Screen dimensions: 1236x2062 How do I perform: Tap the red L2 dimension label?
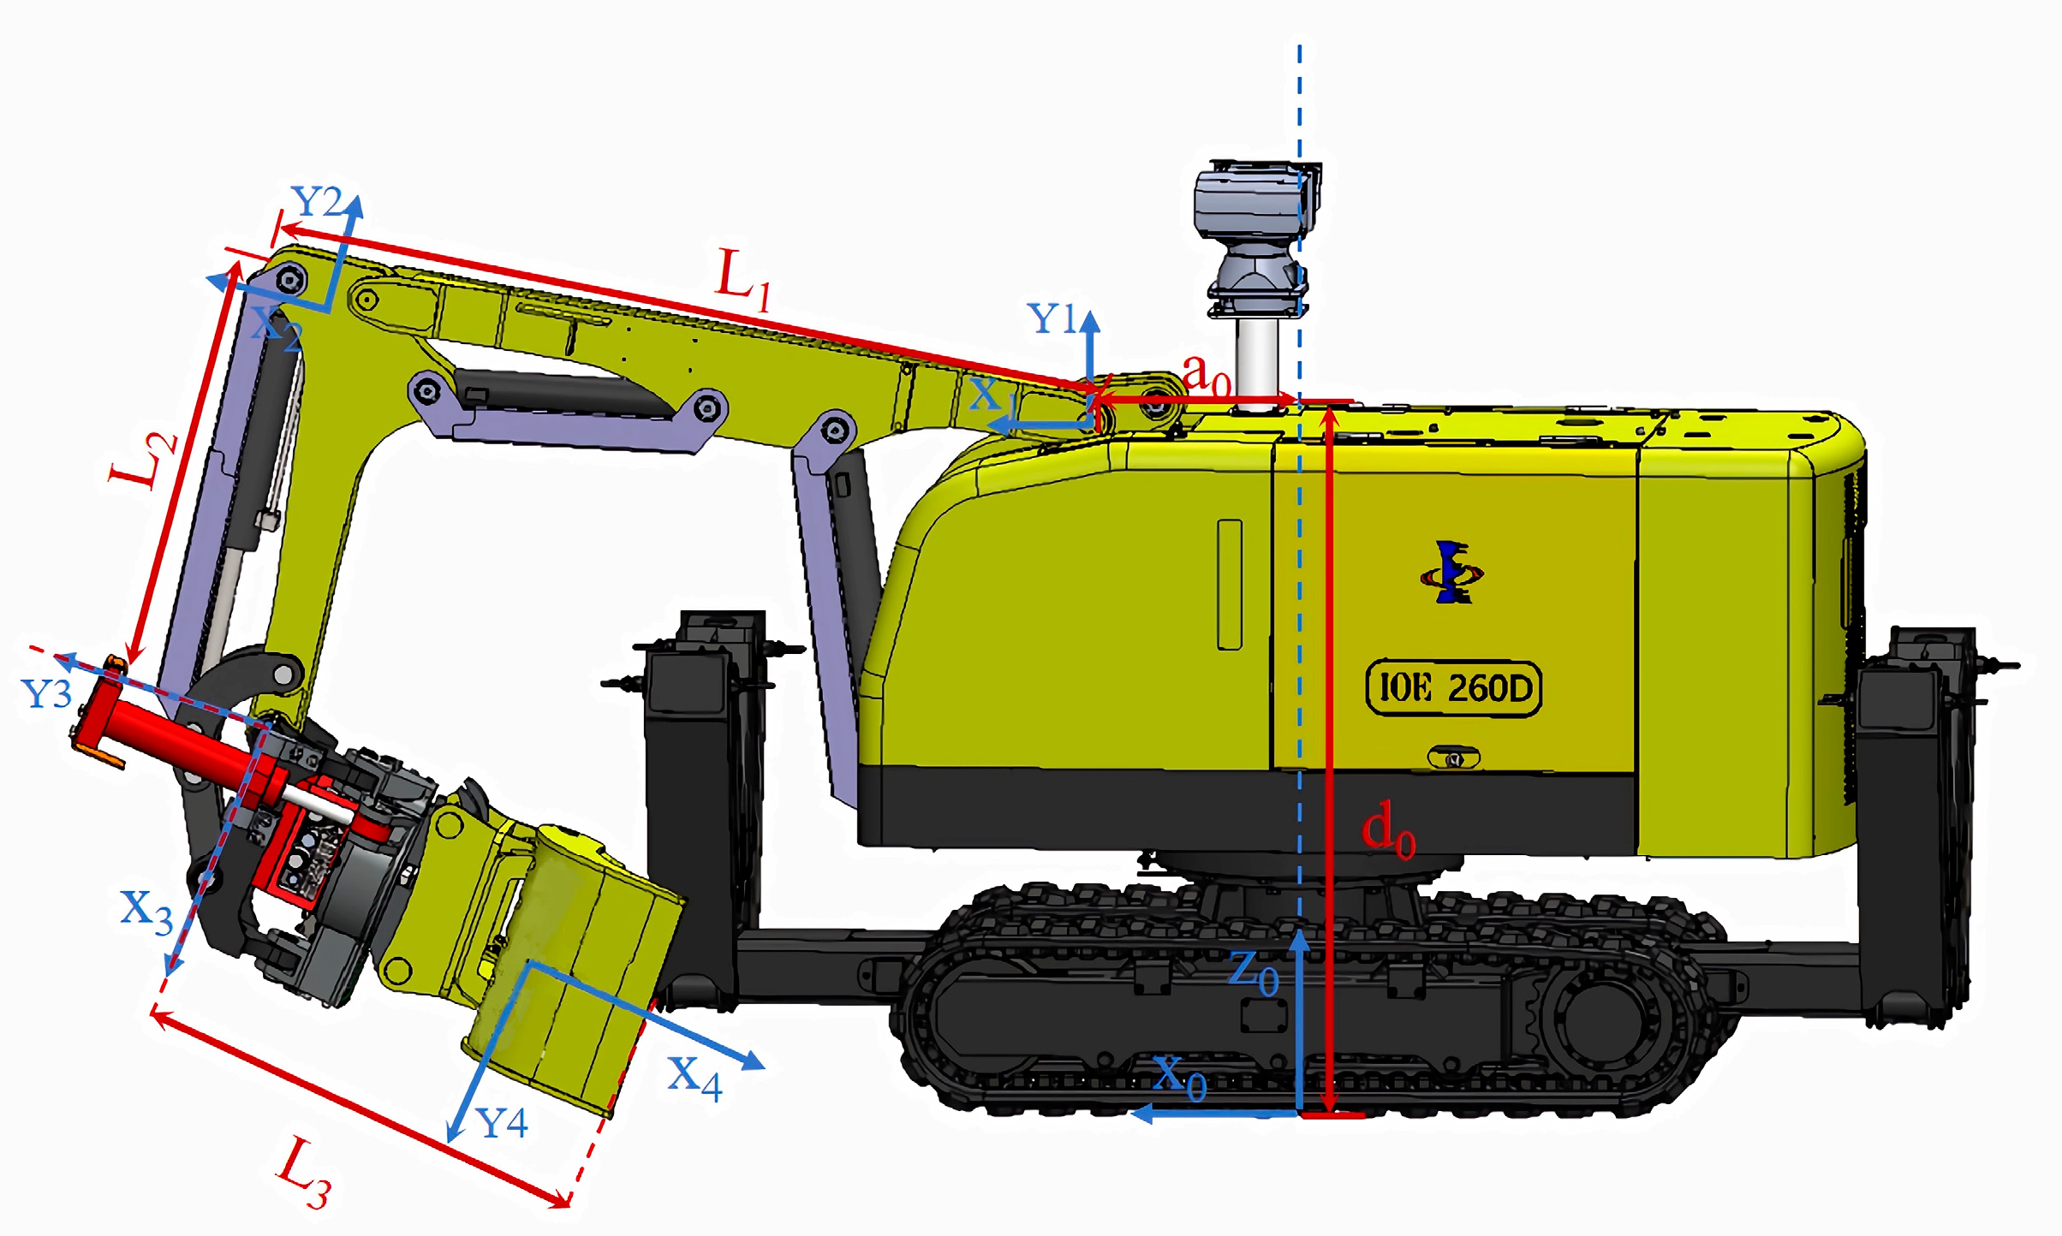pyautogui.click(x=144, y=459)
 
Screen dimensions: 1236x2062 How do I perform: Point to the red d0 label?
pyautogui.click(x=1388, y=831)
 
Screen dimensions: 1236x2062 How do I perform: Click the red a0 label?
pyautogui.click(x=1206, y=374)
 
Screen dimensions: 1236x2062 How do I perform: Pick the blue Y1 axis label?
pyautogui.click(x=1052, y=319)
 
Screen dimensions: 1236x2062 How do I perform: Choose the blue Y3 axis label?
pyautogui.click(x=46, y=693)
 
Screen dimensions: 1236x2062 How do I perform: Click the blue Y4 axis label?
pyautogui.click(x=502, y=1123)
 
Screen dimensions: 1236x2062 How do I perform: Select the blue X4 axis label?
pyautogui.click(x=694, y=1076)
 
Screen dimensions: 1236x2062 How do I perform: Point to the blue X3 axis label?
pyautogui.click(x=146, y=911)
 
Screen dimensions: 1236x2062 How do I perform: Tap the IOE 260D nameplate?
pyautogui.click(x=1453, y=687)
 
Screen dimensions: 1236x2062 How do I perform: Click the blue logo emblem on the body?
pyautogui.click(x=1451, y=573)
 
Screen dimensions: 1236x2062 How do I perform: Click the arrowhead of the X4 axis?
pyautogui.click(x=754, y=1061)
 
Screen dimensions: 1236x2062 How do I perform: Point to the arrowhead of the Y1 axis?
pyautogui.click(x=1089, y=321)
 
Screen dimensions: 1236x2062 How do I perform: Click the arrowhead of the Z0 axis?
pyautogui.click(x=1300, y=940)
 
